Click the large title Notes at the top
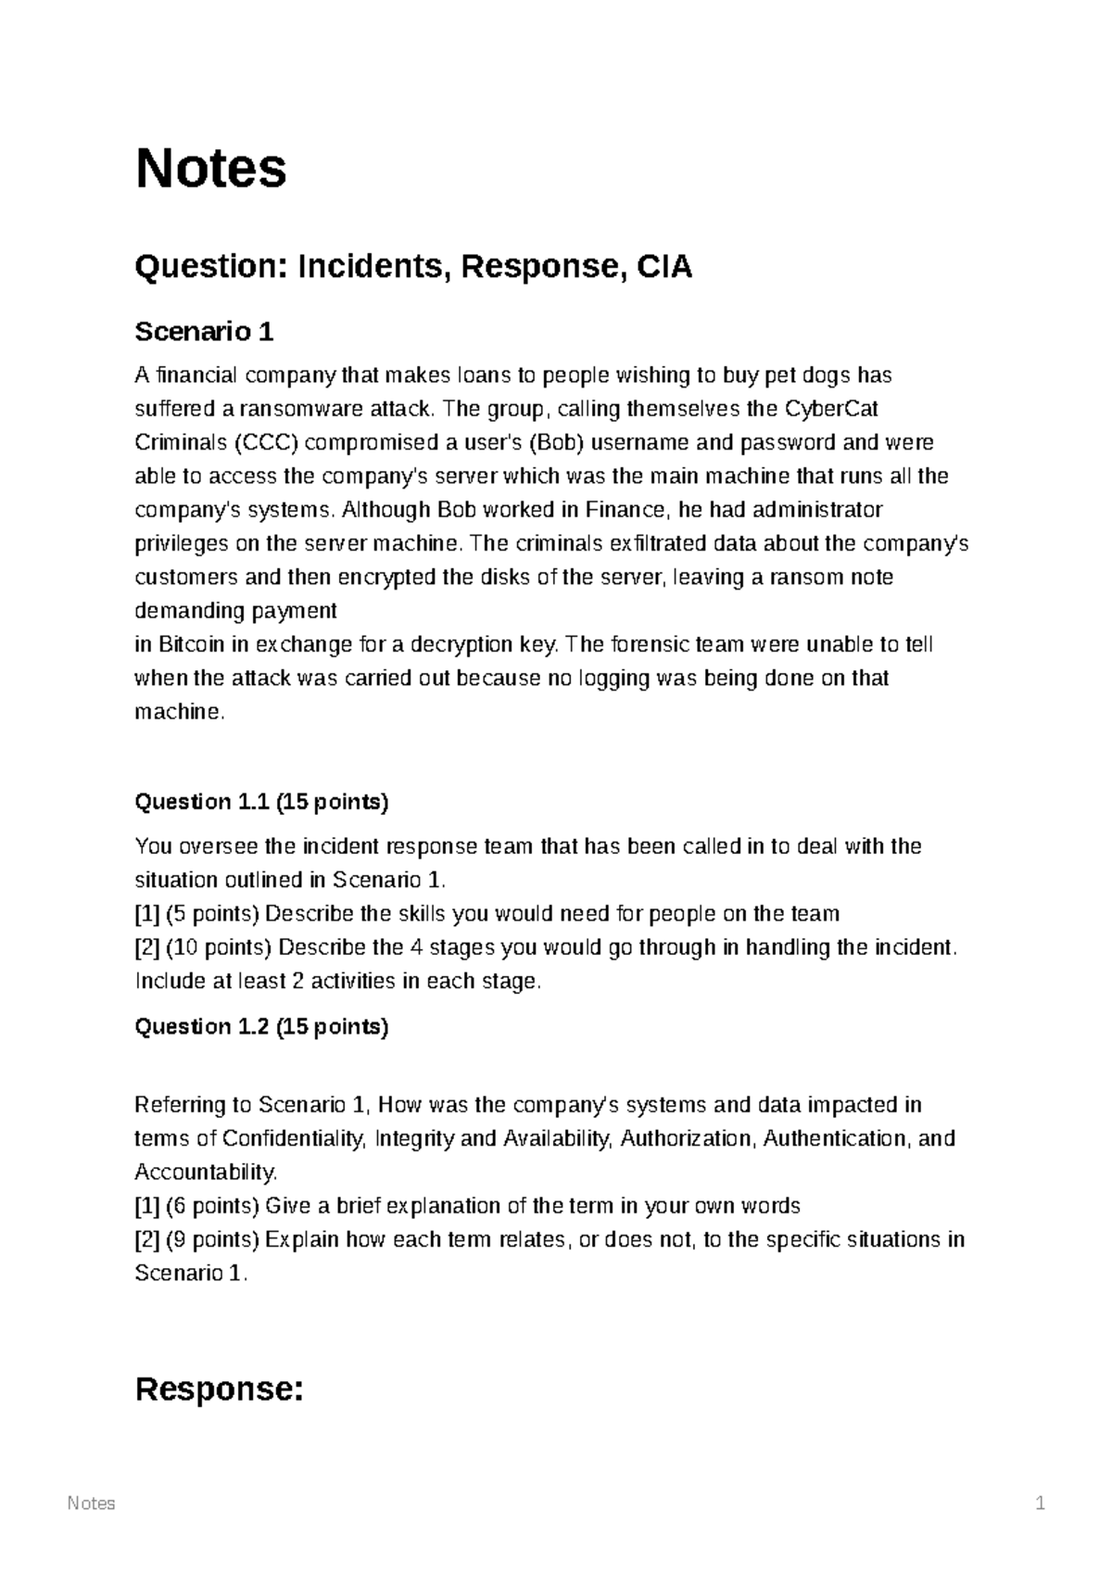point(210,169)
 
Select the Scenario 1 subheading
point(204,331)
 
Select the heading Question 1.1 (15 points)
point(261,802)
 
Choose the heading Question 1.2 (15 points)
point(261,1026)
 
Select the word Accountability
point(205,1173)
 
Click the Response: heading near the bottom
point(220,1390)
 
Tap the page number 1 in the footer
point(1040,1504)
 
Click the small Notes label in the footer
point(91,1504)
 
